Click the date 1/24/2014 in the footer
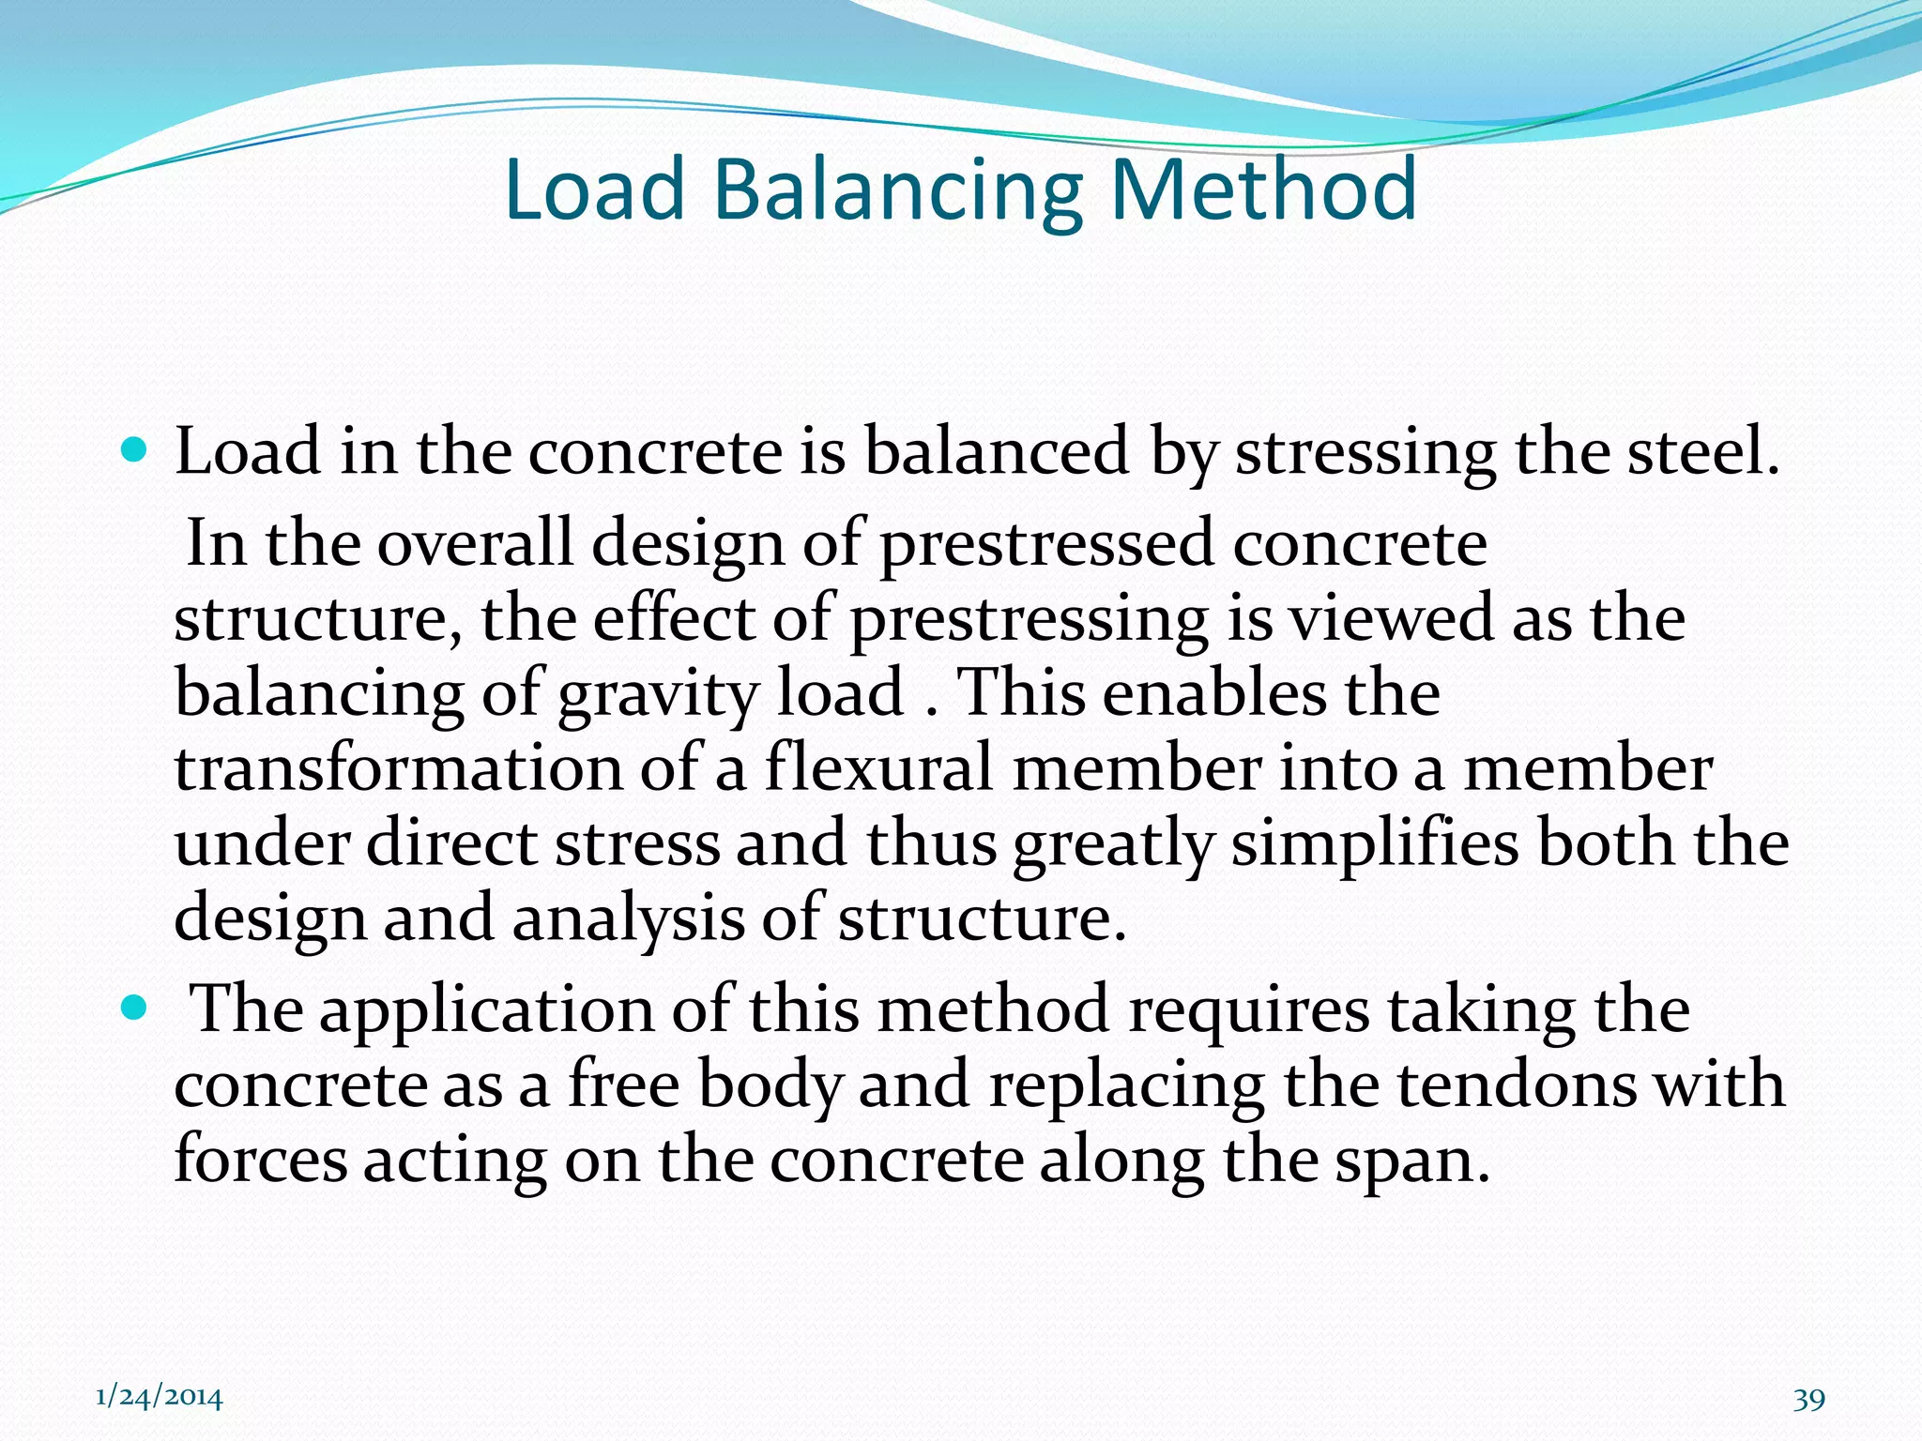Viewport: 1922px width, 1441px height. (x=160, y=1398)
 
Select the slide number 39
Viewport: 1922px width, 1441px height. (x=1808, y=1400)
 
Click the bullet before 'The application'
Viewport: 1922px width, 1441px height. (x=135, y=1009)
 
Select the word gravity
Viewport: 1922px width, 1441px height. (x=658, y=694)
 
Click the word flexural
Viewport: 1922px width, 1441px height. (x=878, y=767)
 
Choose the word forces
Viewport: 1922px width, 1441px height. (x=261, y=1160)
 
